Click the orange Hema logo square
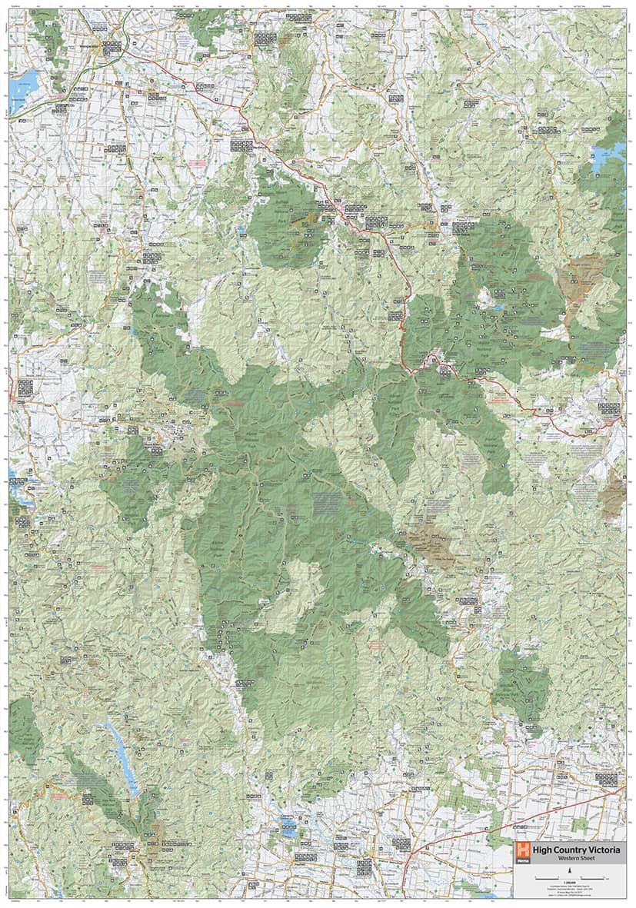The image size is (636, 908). point(524,850)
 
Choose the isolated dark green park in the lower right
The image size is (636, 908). point(523,684)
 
